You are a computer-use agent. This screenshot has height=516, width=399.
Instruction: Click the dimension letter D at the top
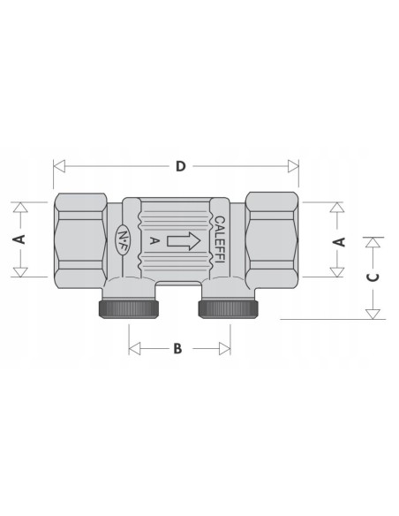tap(180, 166)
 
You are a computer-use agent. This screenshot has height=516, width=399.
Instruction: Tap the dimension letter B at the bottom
tap(177, 348)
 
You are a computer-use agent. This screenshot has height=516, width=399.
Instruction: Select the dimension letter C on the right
tap(373, 277)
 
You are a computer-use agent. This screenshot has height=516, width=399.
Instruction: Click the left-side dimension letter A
tap(20, 239)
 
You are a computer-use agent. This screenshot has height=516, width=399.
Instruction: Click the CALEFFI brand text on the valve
tap(220, 239)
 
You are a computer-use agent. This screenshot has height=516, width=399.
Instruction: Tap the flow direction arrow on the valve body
tap(184, 241)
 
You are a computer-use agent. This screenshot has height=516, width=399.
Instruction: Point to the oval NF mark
tap(123, 240)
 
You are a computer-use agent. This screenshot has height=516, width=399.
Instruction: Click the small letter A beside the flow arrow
tap(154, 241)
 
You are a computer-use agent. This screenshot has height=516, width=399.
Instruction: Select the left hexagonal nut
tap(80, 241)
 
